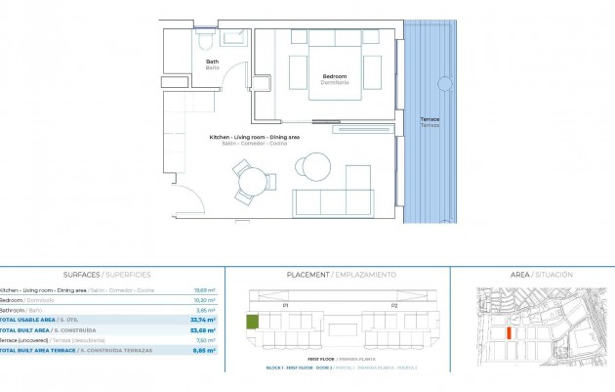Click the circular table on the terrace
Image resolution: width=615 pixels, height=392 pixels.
click(445, 83)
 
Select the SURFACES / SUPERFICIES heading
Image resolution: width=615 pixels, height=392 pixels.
click(107, 275)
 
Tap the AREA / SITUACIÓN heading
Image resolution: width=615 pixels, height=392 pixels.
click(541, 275)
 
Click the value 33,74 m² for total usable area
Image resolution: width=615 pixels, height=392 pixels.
click(203, 320)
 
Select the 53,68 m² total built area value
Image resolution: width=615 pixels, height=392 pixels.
click(203, 329)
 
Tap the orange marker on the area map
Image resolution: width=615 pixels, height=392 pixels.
click(510, 332)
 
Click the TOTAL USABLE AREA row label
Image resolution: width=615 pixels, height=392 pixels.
click(27, 320)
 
